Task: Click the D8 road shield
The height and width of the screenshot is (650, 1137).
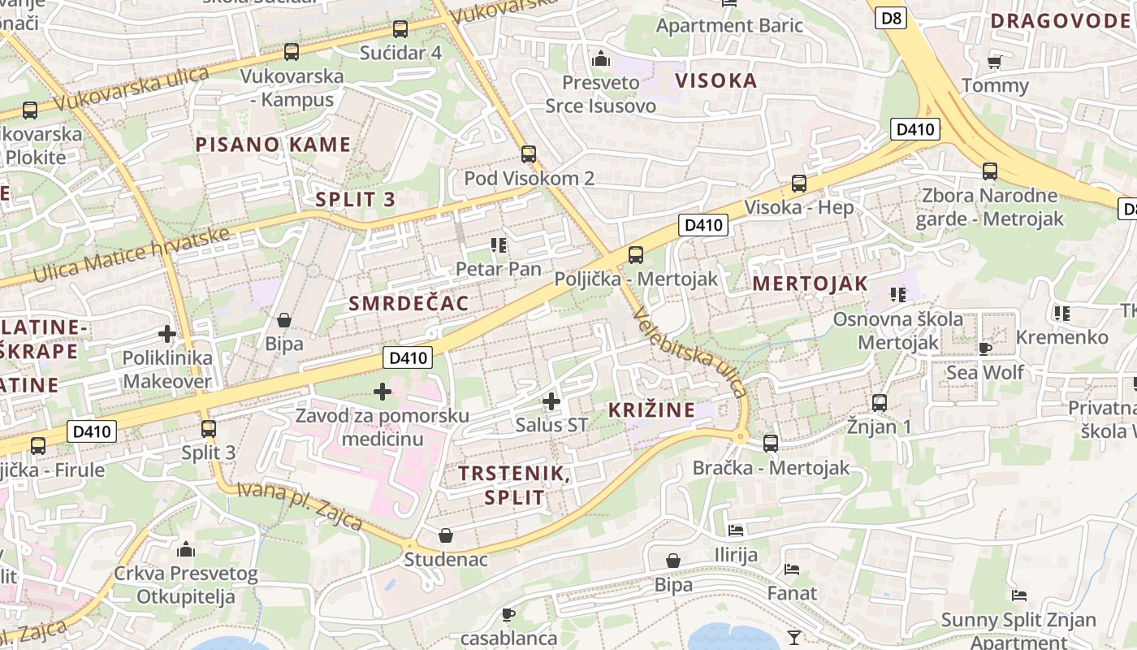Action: tap(891, 18)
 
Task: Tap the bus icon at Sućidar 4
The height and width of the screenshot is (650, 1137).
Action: tap(400, 29)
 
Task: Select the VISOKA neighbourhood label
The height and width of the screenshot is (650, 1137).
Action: tap(716, 80)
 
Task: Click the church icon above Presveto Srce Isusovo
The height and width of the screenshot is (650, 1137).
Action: tap(601, 58)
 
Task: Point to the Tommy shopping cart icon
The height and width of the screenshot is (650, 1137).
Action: tap(994, 62)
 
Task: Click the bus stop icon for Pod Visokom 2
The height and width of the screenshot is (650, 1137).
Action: tap(529, 154)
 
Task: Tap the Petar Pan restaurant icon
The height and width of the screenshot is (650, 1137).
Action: tap(498, 245)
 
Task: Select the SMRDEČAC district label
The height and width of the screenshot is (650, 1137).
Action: tap(409, 304)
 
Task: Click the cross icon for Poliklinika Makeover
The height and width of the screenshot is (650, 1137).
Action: tap(167, 334)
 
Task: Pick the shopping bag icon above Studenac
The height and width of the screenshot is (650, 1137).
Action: tap(446, 535)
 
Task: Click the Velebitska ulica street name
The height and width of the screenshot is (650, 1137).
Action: tap(690, 353)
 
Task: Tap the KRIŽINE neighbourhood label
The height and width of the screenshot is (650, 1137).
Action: tap(652, 410)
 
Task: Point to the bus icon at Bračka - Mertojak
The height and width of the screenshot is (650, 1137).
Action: tap(771, 444)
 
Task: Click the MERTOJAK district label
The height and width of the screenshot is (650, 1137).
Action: tap(810, 284)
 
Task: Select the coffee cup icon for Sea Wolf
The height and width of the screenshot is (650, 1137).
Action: tap(984, 349)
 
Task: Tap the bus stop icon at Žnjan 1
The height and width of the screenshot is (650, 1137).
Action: tap(879, 402)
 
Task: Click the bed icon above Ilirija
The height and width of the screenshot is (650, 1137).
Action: tap(736, 531)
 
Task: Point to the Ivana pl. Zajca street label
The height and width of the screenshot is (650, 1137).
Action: tap(300, 505)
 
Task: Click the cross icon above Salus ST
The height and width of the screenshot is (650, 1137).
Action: tap(551, 401)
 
